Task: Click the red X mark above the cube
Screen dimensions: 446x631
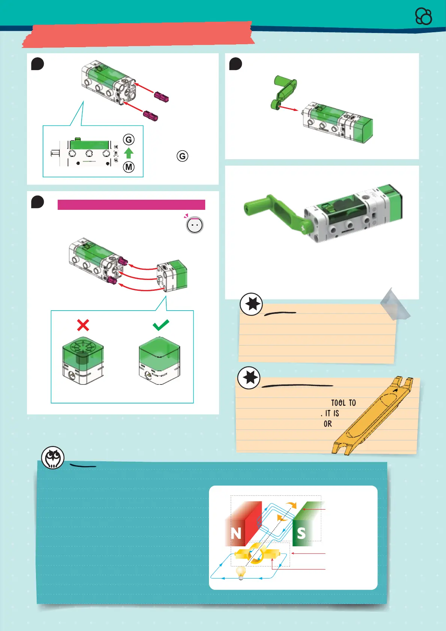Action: point(83,325)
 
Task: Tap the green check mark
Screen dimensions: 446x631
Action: point(161,325)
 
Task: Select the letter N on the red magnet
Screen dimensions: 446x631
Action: point(236,533)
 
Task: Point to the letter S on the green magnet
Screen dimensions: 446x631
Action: point(301,533)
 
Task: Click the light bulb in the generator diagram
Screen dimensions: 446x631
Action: point(241,573)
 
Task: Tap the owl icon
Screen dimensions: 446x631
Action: point(53,458)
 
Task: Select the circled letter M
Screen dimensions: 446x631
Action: point(129,167)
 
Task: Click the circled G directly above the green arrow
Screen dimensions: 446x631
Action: point(129,139)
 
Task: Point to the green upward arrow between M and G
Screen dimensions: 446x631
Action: point(129,153)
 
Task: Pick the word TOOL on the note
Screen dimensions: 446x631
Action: point(338,402)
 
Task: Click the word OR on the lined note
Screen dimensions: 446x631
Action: point(328,424)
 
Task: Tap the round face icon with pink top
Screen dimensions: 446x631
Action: point(195,225)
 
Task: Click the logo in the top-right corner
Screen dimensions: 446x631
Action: point(424,16)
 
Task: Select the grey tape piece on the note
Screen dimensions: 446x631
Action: point(395,305)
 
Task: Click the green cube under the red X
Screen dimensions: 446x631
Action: point(83,360)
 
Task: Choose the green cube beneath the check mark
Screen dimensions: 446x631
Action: point(160,360)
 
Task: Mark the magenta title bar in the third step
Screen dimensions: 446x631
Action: point(131,205)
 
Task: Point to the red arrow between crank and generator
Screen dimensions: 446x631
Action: point(288,108)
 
